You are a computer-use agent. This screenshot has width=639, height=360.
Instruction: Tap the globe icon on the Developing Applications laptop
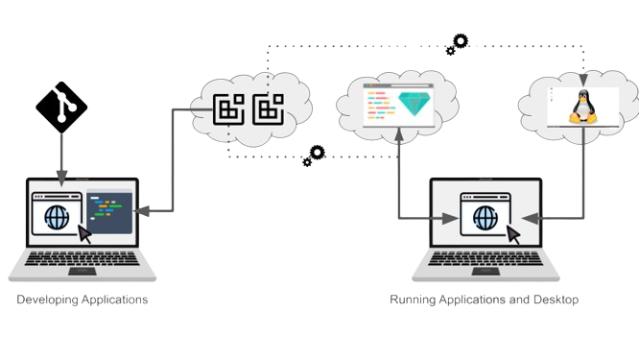click(x=54, y=216)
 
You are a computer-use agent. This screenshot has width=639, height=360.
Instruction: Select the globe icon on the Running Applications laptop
click(x=483, y=216)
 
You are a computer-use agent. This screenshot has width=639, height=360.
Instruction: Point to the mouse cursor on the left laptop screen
click(x=85, y=234)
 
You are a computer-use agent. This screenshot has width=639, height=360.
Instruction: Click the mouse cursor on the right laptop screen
click(x=514, y=234)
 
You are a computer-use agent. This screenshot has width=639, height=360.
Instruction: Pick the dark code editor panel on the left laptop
click(x=108, y=215)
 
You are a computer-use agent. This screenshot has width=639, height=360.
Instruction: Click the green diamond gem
click(x=414, y=104)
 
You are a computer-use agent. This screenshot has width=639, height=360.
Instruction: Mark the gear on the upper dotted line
click(x=461, y=41)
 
